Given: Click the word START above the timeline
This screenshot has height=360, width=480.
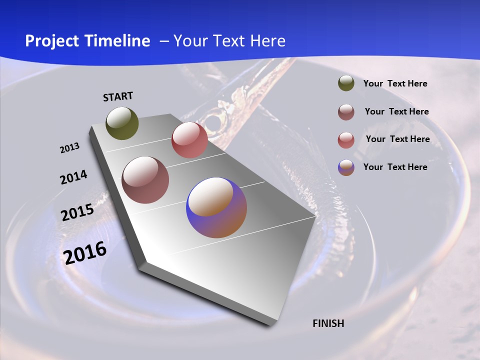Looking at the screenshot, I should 118,96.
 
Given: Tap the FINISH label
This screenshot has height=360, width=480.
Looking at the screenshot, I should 328,323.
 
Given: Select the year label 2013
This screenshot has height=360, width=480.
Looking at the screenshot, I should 69,148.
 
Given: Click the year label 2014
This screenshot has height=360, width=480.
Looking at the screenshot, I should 73,177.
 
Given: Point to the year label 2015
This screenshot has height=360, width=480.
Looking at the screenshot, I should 77,212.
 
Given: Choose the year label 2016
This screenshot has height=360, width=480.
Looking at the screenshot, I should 85,252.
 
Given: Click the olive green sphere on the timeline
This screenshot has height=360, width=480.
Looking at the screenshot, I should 122,123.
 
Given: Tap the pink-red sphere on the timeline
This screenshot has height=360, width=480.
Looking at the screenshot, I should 189,139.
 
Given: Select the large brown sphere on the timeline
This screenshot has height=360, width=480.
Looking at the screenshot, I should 145,180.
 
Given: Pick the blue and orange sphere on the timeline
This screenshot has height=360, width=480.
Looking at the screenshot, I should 216,207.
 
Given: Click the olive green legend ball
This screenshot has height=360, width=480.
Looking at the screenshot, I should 346,83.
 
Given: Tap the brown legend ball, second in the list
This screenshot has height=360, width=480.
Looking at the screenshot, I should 346,112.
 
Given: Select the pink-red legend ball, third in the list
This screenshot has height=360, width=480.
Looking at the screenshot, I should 346,140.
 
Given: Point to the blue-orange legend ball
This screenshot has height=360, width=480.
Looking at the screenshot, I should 346,167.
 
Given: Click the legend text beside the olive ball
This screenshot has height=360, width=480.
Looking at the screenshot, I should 395,83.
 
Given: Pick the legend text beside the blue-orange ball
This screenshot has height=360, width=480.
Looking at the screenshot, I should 395,167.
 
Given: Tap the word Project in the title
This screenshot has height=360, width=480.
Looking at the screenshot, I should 52,41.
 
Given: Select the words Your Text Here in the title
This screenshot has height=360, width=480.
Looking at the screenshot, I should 229,41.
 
